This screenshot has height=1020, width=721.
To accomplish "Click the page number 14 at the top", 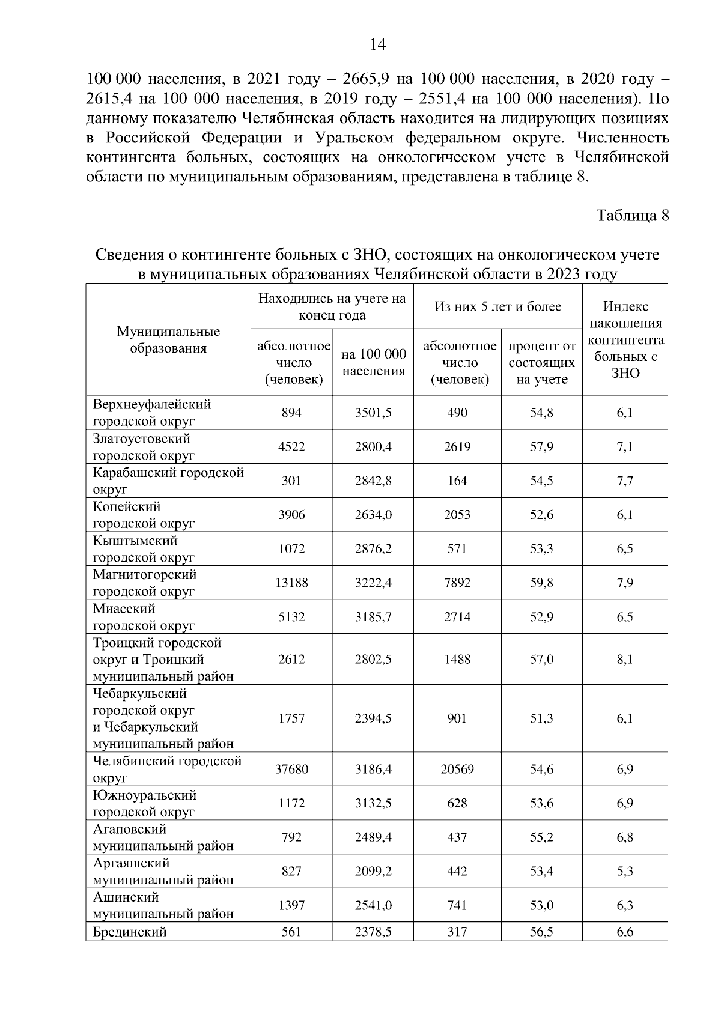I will (x=377, y=45).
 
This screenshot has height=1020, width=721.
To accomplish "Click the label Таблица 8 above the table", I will (x=632, y=216).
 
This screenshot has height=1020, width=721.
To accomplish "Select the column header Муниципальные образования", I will (x=168, y=340).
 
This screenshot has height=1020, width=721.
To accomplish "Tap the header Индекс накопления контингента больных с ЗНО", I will (x=625, y=339).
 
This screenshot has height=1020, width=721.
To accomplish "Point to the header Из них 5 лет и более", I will (x=497, y=307).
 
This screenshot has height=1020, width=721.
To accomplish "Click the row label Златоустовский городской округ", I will (x=144, y=446).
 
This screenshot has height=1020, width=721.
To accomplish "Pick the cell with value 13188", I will (x=291, y=583).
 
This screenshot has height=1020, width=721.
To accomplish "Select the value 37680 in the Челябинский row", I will (x=291, y=769).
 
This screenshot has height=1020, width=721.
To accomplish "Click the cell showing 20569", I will (x=457, y=769).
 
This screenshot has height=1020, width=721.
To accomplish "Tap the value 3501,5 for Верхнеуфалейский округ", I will (x=373, y=413).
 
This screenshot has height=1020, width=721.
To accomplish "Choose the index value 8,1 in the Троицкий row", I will (x=625, y=660).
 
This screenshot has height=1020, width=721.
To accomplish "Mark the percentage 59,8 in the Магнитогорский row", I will (x=541, y=583).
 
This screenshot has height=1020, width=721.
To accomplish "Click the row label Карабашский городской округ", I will (x=168, y=481).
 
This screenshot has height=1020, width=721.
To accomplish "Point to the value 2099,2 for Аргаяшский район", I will (x=373, y=871).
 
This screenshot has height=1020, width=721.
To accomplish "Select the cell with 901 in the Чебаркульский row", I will (x=457, y=718).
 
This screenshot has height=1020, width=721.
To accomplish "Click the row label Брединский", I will (x=130, y=932).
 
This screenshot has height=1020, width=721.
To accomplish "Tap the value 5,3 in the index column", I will (x=625, y=871).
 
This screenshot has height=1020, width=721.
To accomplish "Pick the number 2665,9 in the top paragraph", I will (x=368, y=79).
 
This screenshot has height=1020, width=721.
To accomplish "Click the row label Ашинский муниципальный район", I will (x=162, y=905).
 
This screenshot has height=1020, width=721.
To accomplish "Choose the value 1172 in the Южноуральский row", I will (x=291, y=803).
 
